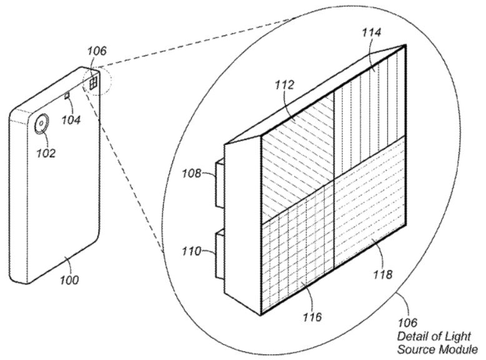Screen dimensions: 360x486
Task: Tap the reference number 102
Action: [47, 153]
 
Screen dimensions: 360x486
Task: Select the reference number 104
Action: [71, 119]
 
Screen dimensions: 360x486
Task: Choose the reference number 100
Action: [70, 280]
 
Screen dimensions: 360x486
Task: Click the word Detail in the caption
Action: [412, 336]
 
